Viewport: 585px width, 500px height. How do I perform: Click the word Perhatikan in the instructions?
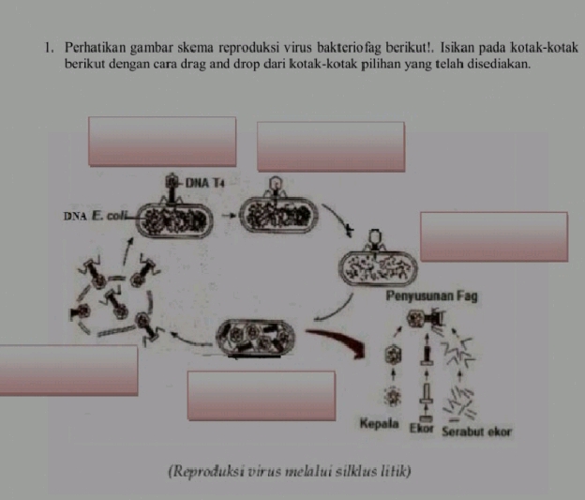point(96,48)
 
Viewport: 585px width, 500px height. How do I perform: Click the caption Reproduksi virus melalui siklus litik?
point(289,469)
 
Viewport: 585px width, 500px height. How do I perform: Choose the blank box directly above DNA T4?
point(162,141)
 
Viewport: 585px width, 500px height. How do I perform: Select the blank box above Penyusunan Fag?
point(493,236)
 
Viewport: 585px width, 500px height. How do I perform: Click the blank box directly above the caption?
point(261,395)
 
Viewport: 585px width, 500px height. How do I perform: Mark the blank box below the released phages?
point(68,370)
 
